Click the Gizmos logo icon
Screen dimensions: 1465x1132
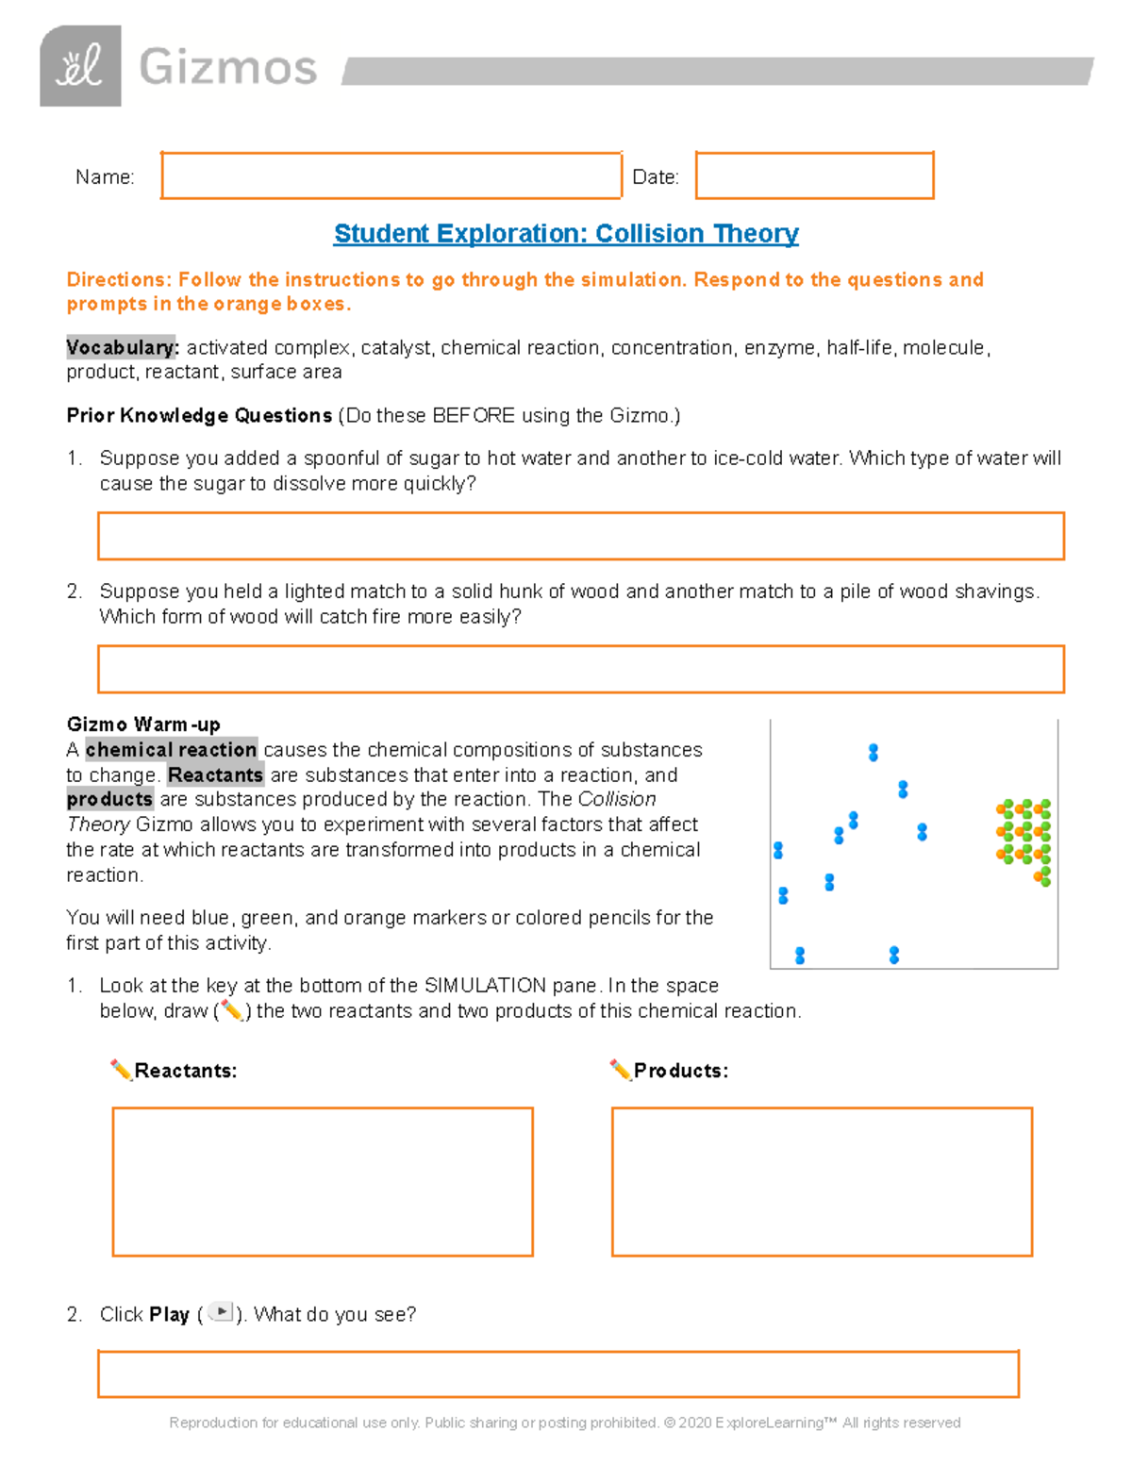[80, 66]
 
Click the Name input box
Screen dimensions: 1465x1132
[391, 175]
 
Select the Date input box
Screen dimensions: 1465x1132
[814, 175]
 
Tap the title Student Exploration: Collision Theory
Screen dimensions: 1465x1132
[566, 233]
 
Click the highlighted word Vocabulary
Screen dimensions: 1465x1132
[122, 347]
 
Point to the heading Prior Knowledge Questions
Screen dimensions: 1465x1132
[199, 415]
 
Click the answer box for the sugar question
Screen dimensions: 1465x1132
[581, 536]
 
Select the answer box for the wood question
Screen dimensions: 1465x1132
[581, 669]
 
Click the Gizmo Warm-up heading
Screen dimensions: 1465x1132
[143, 724]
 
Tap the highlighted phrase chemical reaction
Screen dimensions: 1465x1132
[171, 750]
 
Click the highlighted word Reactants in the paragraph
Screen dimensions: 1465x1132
[215, 775]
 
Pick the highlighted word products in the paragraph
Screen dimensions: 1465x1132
[109, 799]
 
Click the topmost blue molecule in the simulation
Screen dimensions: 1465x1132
[874, 752]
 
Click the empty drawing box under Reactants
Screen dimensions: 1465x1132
[323, 1181]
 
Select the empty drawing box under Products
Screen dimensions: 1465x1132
[822, 1181]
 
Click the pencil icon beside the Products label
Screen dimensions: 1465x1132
[620, 1070]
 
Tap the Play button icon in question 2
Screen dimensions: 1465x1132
[220, 1312]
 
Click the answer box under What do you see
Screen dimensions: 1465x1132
[558, 1373]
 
